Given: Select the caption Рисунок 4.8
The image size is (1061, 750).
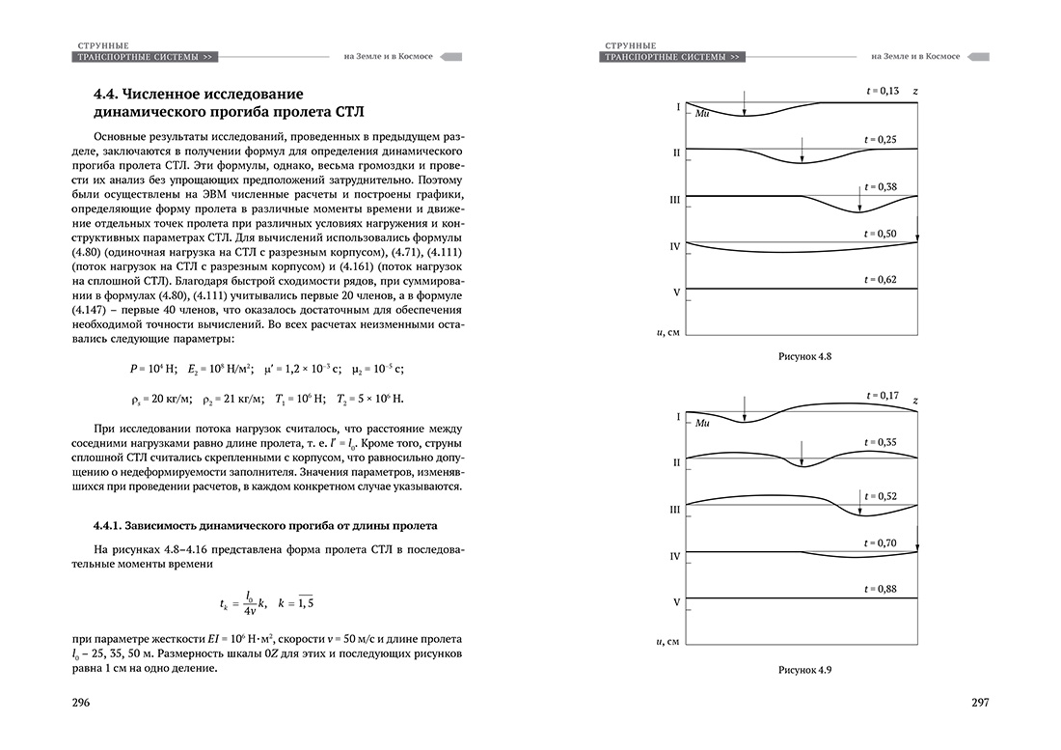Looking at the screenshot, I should pyautogui.click(x=804, y=356).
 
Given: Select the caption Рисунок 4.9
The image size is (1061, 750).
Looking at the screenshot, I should pyautogui.click(x=804, y=668).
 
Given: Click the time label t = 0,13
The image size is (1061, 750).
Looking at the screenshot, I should pyautogui.click(x=882, y=91).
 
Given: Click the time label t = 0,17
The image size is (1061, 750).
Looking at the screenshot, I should pyautogui.click(x=882, y=396).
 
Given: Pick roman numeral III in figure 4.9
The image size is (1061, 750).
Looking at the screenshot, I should pyautogui.click(x=675, y=508).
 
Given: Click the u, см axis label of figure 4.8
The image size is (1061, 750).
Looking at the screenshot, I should pyautogui.click(x=667, y=332).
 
